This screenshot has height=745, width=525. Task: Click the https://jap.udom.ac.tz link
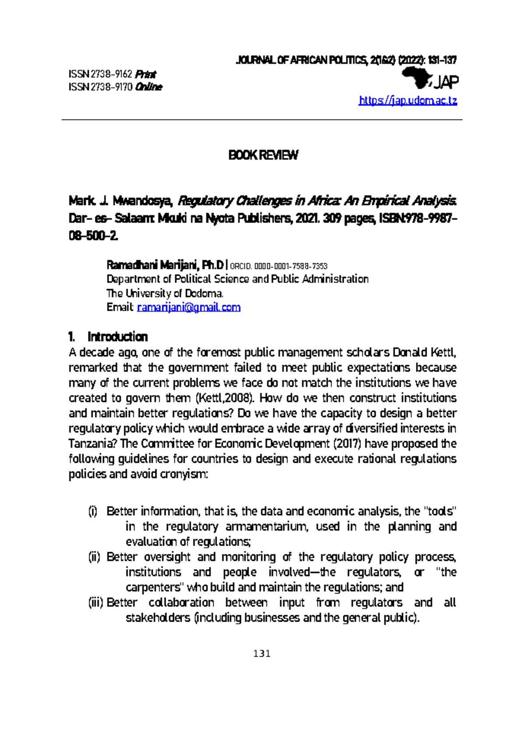(x=408, y=101)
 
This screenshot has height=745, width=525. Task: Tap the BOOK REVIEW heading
(x=263, y=155)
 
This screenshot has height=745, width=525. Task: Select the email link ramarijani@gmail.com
(x=189, y=307)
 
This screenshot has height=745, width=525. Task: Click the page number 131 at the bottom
(x=262, y=654)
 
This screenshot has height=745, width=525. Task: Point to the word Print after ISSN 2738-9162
(x=146, y=74)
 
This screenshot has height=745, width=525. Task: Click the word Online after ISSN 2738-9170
(x=149, y=87)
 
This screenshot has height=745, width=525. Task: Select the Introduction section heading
(x=117, y=337)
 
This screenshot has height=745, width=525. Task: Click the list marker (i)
(x=93, y=511)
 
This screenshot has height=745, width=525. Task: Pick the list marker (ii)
(x=94, y=557)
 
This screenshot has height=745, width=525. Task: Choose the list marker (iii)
(x=95, y=602)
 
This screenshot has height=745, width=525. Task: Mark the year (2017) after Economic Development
(x=347, y=444)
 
